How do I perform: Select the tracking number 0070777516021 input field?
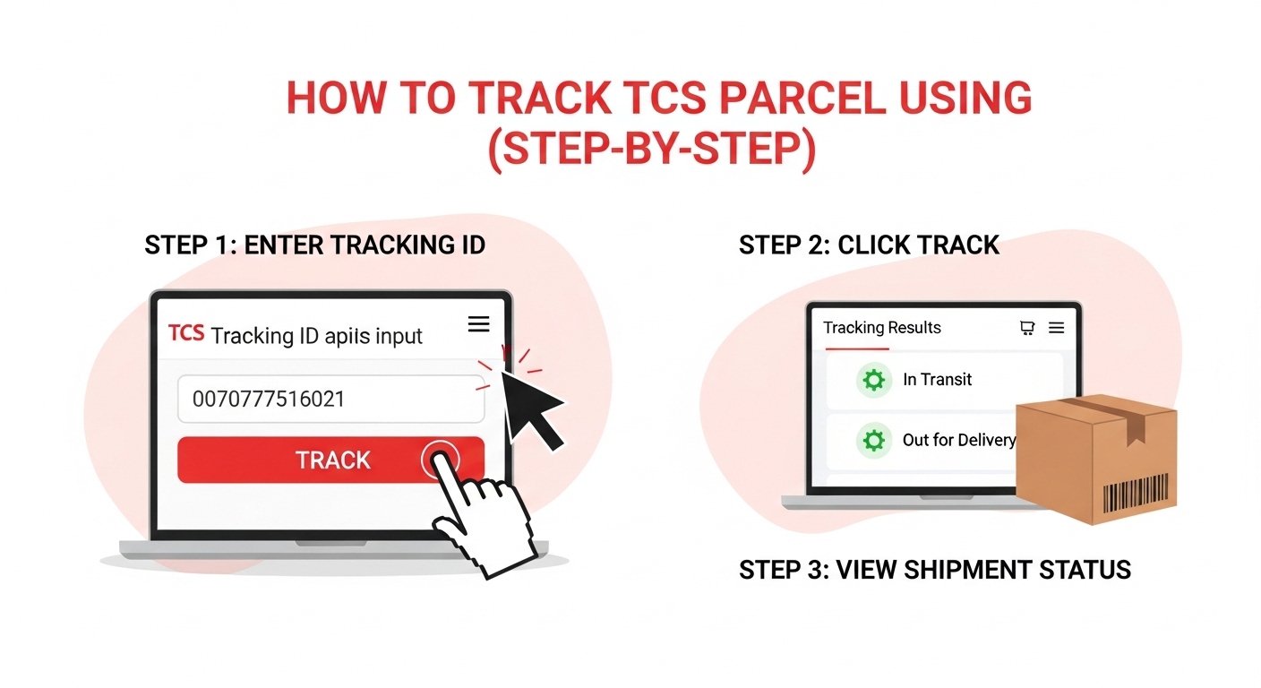click(x=330, y=399)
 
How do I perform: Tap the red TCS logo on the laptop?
click(x=185, y=334)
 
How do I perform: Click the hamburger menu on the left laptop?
click(x=478, y=324)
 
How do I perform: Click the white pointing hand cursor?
click(x=479, y=511)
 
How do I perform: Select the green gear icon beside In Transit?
click(x=872, y=380)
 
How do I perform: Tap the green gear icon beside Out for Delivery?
click(x=872, y=440)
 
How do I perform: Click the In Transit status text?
click(x=937, y=380)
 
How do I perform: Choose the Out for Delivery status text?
click(x=958, y=440)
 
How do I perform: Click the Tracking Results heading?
click(x=882, y=328)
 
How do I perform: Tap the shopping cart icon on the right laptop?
click(x=1027, y=328)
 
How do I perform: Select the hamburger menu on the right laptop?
click(x=1056, y=328)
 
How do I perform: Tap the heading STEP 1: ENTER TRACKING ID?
click(x=314, y=245)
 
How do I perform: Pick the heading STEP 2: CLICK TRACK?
click(x=869, y=245)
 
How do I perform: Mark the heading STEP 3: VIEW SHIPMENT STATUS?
click(x=934, y=569)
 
